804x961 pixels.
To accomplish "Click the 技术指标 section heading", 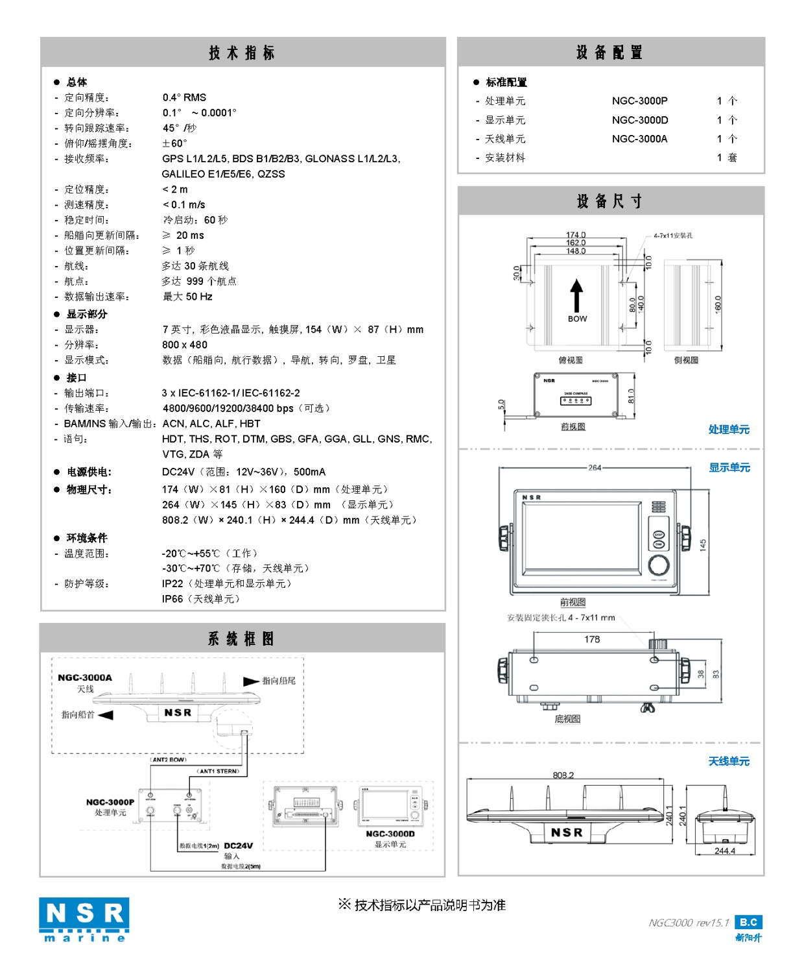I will (242, 53).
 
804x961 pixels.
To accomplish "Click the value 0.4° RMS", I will (184, 97).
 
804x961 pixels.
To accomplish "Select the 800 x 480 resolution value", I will (185, 345).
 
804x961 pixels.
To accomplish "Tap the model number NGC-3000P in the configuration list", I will (639, 101).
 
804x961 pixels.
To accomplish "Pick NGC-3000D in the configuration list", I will (639, 120).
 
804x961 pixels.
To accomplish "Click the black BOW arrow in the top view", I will (576, 296).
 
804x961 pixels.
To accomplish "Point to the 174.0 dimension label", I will (576, 235).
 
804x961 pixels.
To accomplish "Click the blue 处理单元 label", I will (729, 429).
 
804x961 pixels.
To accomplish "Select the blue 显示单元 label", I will (729, 467).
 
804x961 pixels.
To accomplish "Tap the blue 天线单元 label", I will (729, 761).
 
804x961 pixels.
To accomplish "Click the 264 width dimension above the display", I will (595, 467).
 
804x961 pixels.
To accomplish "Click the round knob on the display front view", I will (659, 565).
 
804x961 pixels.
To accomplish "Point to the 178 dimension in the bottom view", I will (592, 639).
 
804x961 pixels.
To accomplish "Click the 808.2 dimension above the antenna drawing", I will (563, 775).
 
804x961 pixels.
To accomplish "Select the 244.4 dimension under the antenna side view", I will (724, 851).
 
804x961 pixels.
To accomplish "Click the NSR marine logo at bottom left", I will (84, 919).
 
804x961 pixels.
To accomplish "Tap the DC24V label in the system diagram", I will (238, 845).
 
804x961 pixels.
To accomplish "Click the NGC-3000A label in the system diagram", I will (85, 677).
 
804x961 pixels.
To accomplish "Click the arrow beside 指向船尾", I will (251, 681).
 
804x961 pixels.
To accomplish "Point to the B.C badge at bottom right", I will (748, 922).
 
